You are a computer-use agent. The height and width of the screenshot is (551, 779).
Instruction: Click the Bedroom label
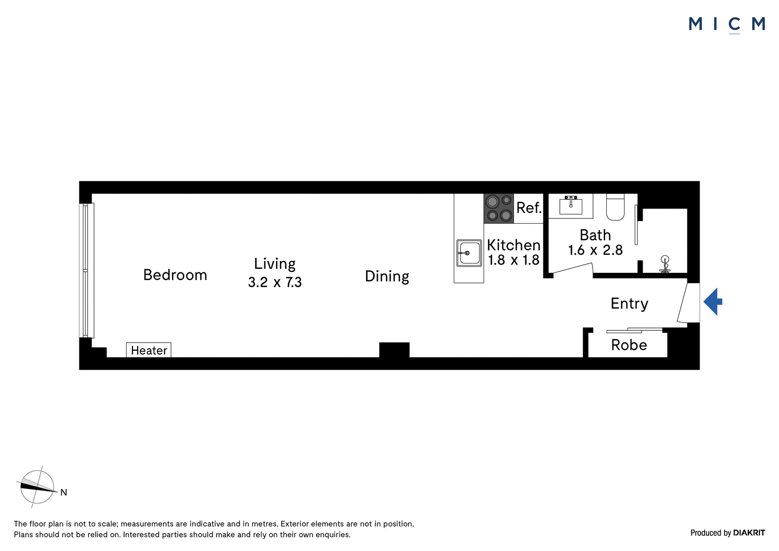pyautogui.click(x=175, y=275)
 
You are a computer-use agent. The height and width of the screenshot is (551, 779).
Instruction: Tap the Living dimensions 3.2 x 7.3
pyautogui.click(x=275, y=282)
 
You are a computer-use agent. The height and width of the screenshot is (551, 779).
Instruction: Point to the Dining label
pyautogui.click(x=387, y=277)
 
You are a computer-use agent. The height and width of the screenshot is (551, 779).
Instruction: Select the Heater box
pyautogui.click(x=148, y=350)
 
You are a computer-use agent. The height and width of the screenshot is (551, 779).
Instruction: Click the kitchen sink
pyautogui.click(x=469, y=253)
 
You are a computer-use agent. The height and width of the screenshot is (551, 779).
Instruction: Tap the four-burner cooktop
pyautogui.click(x=499, y=209)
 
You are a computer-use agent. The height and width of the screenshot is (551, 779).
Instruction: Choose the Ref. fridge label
pyautogui.click(x=529, y=208)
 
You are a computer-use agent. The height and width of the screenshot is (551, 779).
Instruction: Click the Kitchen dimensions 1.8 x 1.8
pyautogui.click(x=514, y=260)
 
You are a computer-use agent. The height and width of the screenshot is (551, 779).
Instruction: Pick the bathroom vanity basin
pyautogui.click(x=571, y=206)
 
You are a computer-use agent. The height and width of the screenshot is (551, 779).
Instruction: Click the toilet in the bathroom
pyautogui.click(x=615, y=207)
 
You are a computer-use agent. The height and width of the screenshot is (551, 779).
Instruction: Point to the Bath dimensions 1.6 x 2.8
pyautogui.click(x=595, y=250)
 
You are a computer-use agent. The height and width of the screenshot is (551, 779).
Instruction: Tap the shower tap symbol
pyautogui.click(x=665, y=264)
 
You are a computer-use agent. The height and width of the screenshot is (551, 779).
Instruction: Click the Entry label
pyautogui.click(x=630, y=304)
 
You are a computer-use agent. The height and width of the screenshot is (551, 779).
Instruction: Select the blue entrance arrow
pyautogui.click(x=713, y=302)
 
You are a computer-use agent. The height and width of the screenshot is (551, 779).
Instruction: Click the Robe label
pyautogui.click(x=629, y=345)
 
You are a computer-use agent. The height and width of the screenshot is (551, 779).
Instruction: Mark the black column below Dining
pyautogui.click(x=394, y=350)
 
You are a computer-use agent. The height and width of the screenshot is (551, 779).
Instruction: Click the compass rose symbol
pyautogui.click(x=37, y=487)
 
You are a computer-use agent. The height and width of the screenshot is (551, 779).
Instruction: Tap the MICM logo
pyautogui.click(x=727, y=24)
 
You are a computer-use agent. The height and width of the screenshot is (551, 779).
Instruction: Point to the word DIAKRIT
pyautogui.click(x=749, y=532)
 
